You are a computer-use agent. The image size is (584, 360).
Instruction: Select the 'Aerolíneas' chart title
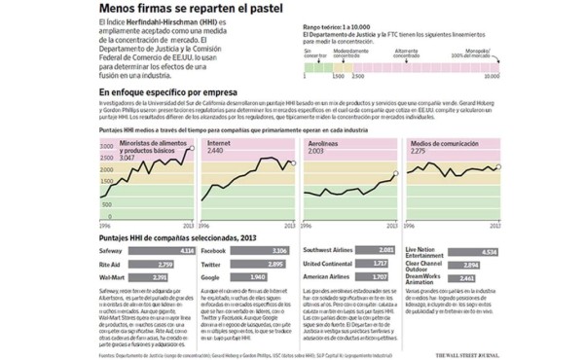pyautogui.click(x=325, y=143)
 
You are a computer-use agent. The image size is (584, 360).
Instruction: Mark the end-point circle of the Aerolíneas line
pyautogui.click(x=395, y=175)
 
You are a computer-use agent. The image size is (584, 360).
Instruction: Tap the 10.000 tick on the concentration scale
pyautogui.click(x=493, y=74)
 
